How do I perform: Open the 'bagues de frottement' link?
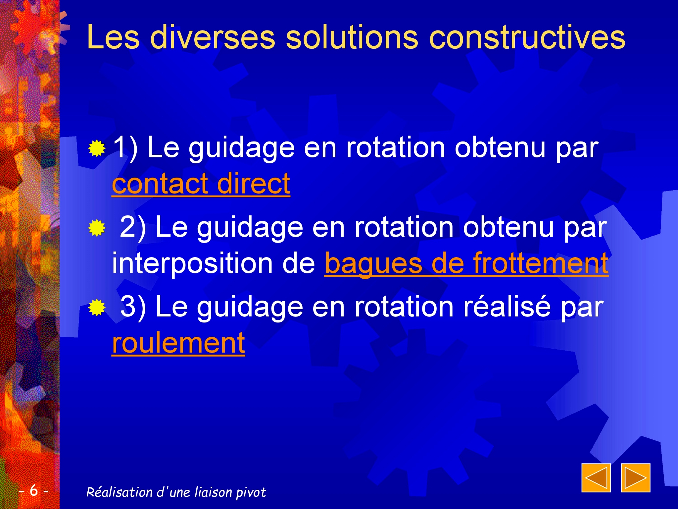[x=466, y=263]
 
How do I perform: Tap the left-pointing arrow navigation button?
[x=596, y=478]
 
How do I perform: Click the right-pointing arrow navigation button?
[x=636, y=478]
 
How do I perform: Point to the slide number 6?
[x=34, y=490]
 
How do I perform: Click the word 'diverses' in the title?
[x=213, y=37]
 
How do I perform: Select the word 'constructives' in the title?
[x=527, y=37]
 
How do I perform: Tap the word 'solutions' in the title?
[x=352, y=37]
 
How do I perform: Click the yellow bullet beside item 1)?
[x=97, y=148]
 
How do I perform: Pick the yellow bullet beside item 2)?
[x=97, y=228]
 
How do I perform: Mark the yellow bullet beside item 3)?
[x=97, y=308]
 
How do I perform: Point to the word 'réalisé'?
[x=507, y=306]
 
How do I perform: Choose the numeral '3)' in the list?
[x=133, y=307]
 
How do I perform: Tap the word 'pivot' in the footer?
[x=251, y=493]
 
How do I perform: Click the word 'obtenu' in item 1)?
[x=500, y=148]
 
